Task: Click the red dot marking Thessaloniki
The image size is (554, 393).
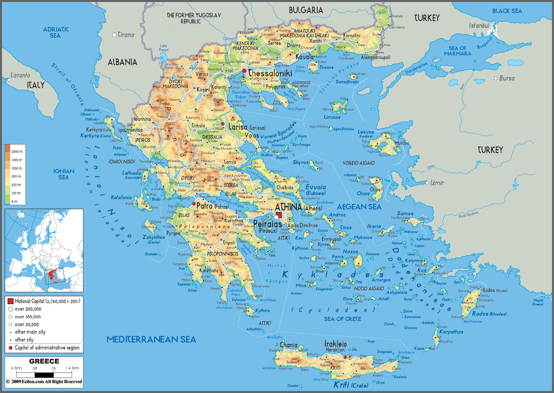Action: pos(243,71)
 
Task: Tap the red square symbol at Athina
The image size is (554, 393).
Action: pos(278,215)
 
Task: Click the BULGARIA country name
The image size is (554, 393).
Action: pos(306,9)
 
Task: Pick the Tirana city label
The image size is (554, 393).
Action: pos(126,35)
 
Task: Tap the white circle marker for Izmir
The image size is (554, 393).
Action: pos(427,183)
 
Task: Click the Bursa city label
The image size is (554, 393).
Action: pos(506,78)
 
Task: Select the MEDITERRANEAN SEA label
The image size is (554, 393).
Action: pos(151,339)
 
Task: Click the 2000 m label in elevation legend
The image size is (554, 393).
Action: pos(18,152)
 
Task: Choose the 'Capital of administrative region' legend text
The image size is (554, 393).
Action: pos(47,348)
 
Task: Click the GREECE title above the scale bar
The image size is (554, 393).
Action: pos(44,361)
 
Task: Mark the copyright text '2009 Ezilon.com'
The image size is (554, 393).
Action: pos(44,382)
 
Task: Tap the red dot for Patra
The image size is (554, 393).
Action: pos(193,204)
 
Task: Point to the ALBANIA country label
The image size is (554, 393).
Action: pos(122,61)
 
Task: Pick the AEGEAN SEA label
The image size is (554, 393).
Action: pos(359,207)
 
